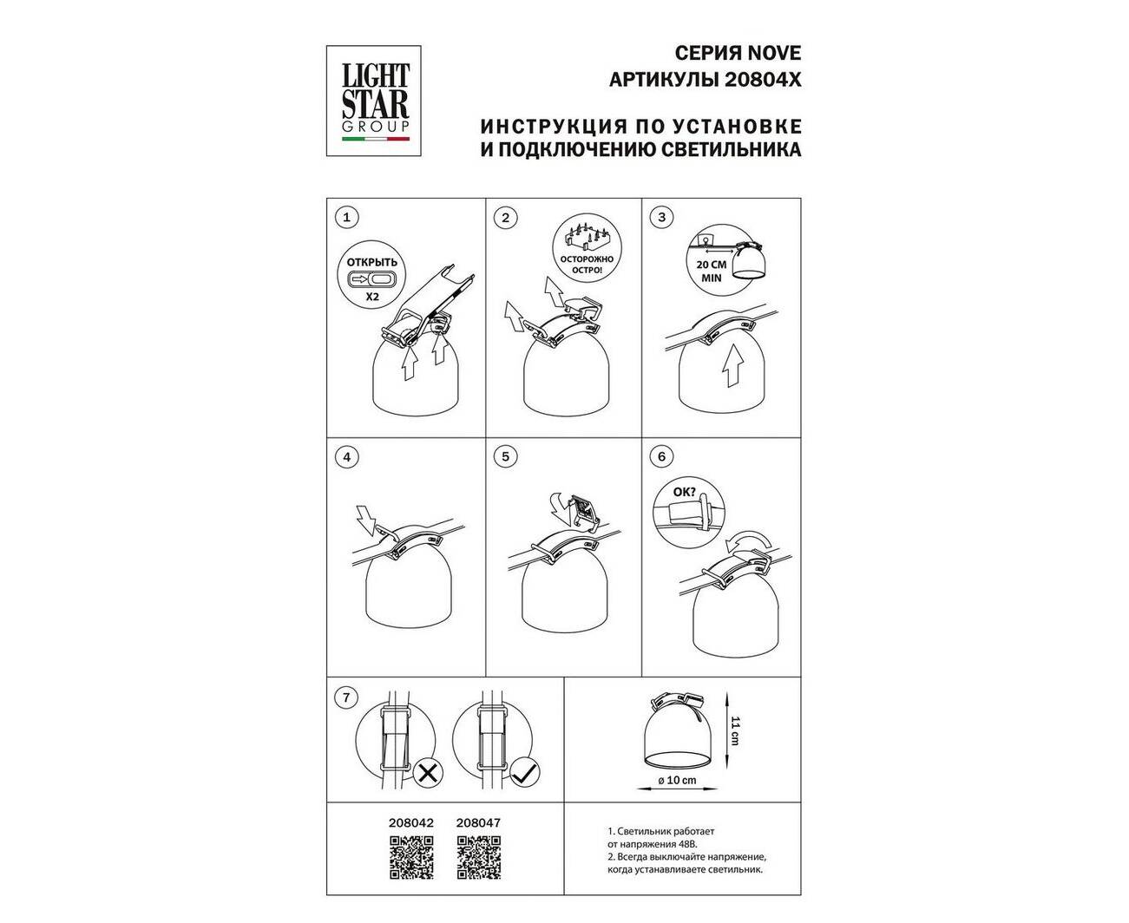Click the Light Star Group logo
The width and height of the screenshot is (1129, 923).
pos(374,101)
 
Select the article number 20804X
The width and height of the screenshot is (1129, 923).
pos(762,80)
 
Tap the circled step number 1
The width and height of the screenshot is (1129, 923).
pos(347,217)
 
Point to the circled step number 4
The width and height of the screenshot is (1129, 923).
pos(347,457)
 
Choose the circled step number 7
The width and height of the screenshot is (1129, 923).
pos(347,697)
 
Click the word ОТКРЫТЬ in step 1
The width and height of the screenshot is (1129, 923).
pos(372,263)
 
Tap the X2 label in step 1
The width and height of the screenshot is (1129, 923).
pos(372,296)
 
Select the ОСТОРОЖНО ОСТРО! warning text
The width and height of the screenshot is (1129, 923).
pos(587,265)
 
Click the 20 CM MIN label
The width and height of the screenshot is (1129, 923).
pos(712,272)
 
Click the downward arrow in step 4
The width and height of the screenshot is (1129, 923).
pos(367,520)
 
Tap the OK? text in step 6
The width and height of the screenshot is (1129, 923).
pos(684,492)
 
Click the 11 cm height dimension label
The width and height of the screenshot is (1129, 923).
pos(735,731)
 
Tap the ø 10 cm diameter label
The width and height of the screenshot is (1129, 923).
pos(677,780)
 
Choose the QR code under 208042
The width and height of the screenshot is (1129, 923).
pos(411,858)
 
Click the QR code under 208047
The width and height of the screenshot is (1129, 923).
pos(478,858)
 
